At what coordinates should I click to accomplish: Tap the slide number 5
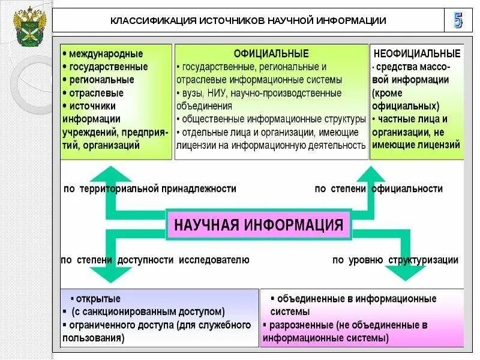point(458,20)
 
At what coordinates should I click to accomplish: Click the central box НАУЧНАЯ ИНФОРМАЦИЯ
point(259,225)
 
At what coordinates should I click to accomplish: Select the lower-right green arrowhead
point(406,272)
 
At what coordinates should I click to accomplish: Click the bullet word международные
point(106,54)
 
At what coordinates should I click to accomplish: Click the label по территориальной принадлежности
point(149,189)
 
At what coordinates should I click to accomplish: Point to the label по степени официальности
point(379,189)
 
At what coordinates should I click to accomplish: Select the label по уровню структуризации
point(395,260)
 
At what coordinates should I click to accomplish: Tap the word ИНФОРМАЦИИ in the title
point(352,21)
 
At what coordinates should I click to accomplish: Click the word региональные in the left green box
point(101,80)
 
